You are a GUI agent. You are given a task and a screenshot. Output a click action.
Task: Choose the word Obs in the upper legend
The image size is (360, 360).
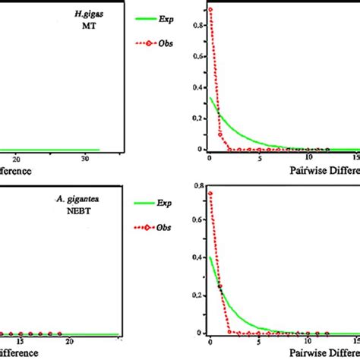click(166, 43)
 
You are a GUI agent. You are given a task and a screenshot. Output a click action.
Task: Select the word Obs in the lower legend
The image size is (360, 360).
click(166, 227)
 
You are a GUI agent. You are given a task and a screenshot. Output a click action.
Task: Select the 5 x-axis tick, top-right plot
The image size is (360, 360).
click(260, 158)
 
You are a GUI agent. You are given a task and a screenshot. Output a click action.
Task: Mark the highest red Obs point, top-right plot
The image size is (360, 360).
click(210, 9)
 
